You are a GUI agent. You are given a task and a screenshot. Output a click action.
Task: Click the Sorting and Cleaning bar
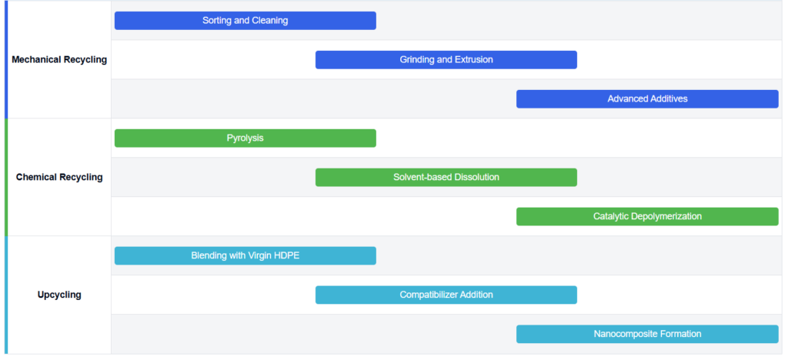point(245,21)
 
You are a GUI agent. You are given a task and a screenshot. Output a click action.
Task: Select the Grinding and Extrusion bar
point(446,60)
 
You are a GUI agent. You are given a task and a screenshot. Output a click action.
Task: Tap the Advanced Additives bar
point(647,99)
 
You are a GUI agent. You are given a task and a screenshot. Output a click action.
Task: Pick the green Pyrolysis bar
point(245,138)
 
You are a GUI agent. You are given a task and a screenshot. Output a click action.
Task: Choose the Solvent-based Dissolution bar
point(446,177)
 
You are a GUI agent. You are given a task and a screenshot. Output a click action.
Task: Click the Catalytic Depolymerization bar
point(647,216)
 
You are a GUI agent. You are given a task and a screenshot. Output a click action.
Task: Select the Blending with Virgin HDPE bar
point(245,255)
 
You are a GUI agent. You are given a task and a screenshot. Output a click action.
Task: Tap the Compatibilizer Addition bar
point(446,295)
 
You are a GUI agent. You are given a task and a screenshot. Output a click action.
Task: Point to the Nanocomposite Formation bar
point(647,334)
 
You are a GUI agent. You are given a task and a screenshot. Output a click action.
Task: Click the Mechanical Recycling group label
point(59,60)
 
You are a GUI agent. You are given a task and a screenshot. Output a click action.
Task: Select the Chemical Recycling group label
point(59,177)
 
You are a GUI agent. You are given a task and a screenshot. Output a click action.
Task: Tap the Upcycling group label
point(59,295)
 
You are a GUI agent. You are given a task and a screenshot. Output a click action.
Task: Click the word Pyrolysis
point(245,138)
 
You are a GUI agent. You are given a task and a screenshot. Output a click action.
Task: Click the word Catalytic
point(610,216)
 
